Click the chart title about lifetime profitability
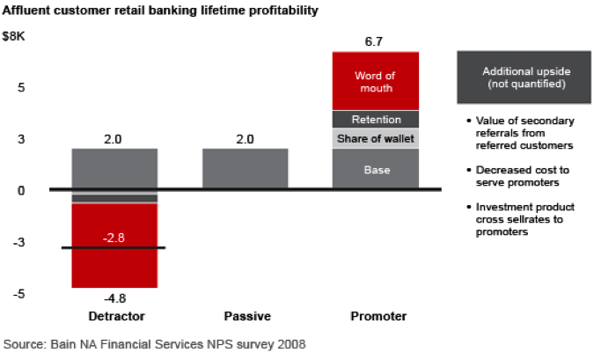[160, 11]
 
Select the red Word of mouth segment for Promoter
[376, 81]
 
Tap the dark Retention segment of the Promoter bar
[376, 120]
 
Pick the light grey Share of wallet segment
[376, 138]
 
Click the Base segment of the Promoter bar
[376, 169]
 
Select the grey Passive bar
[246, 168]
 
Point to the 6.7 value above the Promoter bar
[373, 41]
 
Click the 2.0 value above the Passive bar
[245, 139]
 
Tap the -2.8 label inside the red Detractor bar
[114, 238]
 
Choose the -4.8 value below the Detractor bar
[114, 298]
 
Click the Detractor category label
[116, 316]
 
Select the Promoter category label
[378, 316]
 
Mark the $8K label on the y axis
[13, 36]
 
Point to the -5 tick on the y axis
[19, 294]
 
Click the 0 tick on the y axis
[21, 191]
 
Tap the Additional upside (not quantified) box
[524, 77]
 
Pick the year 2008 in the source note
[291, 344]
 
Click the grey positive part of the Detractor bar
[114, 168]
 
